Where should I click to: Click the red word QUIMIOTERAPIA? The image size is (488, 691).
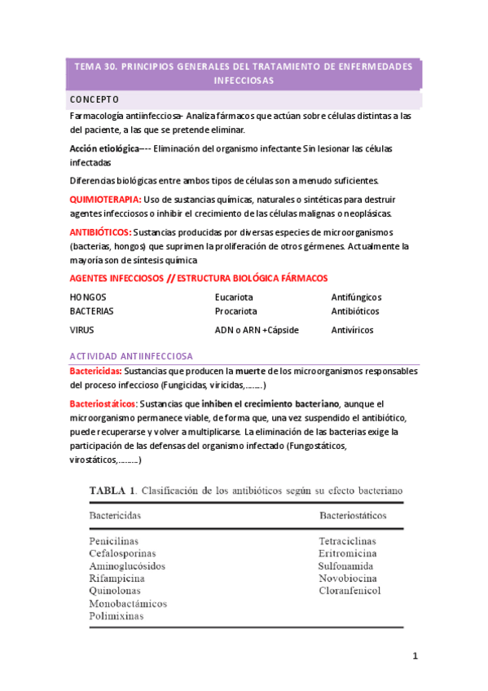click(105, 200)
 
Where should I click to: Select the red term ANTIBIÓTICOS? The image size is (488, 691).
click(101, 232)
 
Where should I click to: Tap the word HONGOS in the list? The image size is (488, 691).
click(88, 297)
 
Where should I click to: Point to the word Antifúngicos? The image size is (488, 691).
click(356, 297)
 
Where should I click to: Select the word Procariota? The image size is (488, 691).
click(235, 311)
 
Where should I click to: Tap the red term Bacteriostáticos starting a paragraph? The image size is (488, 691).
click(104, 403)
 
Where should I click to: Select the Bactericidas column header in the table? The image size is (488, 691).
click(115, 516)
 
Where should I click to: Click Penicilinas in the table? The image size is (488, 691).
click(114, 541)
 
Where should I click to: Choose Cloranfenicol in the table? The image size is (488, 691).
click(349, 591)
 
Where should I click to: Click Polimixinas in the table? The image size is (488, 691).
click(116, 616)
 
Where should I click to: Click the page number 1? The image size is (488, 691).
click(415, 657)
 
